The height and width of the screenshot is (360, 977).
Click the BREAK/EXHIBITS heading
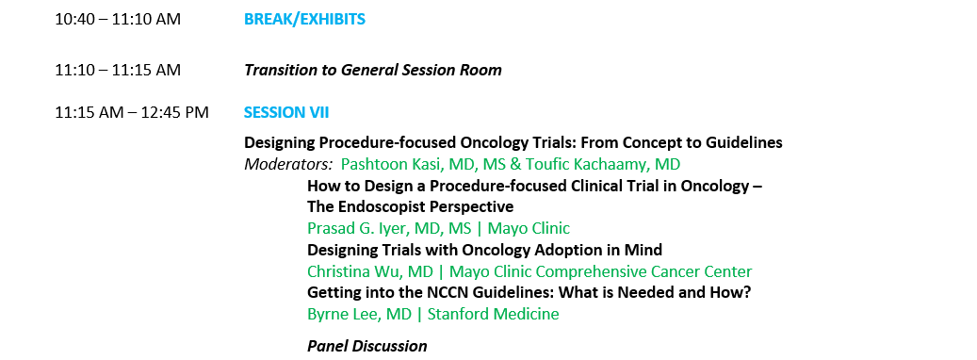pyautogui.click(x=304, y=19)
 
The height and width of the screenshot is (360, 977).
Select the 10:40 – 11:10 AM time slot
pyautogui.click(x=118, y=19)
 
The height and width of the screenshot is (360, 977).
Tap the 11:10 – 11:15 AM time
pyautogui.click(x=118, y=70)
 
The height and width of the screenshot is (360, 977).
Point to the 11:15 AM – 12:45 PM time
pyautogui.click(x=132, y=113)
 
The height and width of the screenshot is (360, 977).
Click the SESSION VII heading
pyautogui.click(x=286, y=113)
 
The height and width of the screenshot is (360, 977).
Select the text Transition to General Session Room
pyautogui.click(x=372, y=70)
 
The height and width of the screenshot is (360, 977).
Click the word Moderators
pyautogui.click(x=288, y=164)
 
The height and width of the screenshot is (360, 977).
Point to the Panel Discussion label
pyautogui.click(x=367, y=346)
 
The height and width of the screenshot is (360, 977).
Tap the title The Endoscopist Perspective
pyautogui.click(x=410, y=206)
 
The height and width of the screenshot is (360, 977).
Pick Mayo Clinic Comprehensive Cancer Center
pyautogui.click(x=601, y=271)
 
